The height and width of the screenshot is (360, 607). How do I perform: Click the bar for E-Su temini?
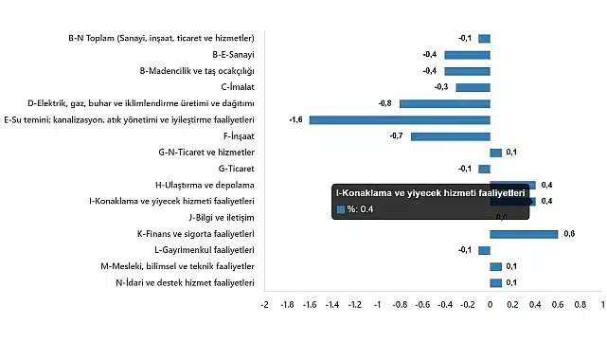click(x=400, y=120)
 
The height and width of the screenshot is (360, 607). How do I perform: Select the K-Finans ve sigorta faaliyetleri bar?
click(x=524, y=234)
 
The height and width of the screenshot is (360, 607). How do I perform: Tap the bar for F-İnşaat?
click(x=450, y=136)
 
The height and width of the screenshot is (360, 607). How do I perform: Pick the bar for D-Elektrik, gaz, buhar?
click(x=444, y=103)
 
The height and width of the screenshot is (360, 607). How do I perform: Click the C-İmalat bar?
click(x=473, y=87)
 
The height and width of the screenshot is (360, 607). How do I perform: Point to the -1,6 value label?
click(x=296, y=120)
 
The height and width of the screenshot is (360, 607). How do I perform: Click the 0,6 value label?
click(x=569, y=234)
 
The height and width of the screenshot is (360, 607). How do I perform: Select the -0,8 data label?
click(x=385, y=103)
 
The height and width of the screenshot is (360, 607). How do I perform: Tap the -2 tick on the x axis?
click(x=264, y=305)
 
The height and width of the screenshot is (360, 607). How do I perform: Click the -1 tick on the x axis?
click(x=377, y=305)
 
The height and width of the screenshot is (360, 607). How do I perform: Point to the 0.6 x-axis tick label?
click(x=557, y=305)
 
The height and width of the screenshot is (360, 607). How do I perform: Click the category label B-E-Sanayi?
click(x=227, y=55)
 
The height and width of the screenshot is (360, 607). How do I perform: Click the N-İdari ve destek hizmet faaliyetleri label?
click(x=185, y=282)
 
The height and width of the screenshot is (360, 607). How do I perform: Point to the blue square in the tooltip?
click(x=341, y=209)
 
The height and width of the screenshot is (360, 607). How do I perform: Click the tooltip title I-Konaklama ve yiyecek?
click(x=430, y=193)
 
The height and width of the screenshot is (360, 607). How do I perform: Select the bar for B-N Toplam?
click(x=484, y=39)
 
